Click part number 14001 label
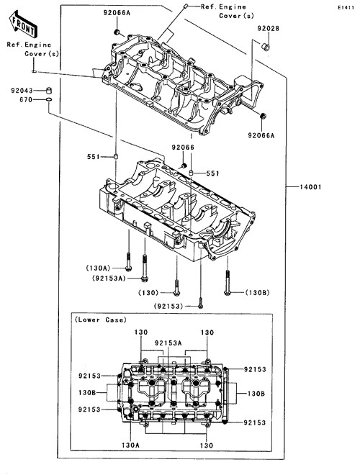coord(310,187)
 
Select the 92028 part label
coord(268,29)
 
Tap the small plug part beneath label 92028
coord(266,47)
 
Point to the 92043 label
coord(22,91)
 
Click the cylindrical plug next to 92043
coord(48,90)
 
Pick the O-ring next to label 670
coord(49,99)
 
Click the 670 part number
coord(26,99)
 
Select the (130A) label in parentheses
coord(98,268)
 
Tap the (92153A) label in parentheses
coord(109,279)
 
